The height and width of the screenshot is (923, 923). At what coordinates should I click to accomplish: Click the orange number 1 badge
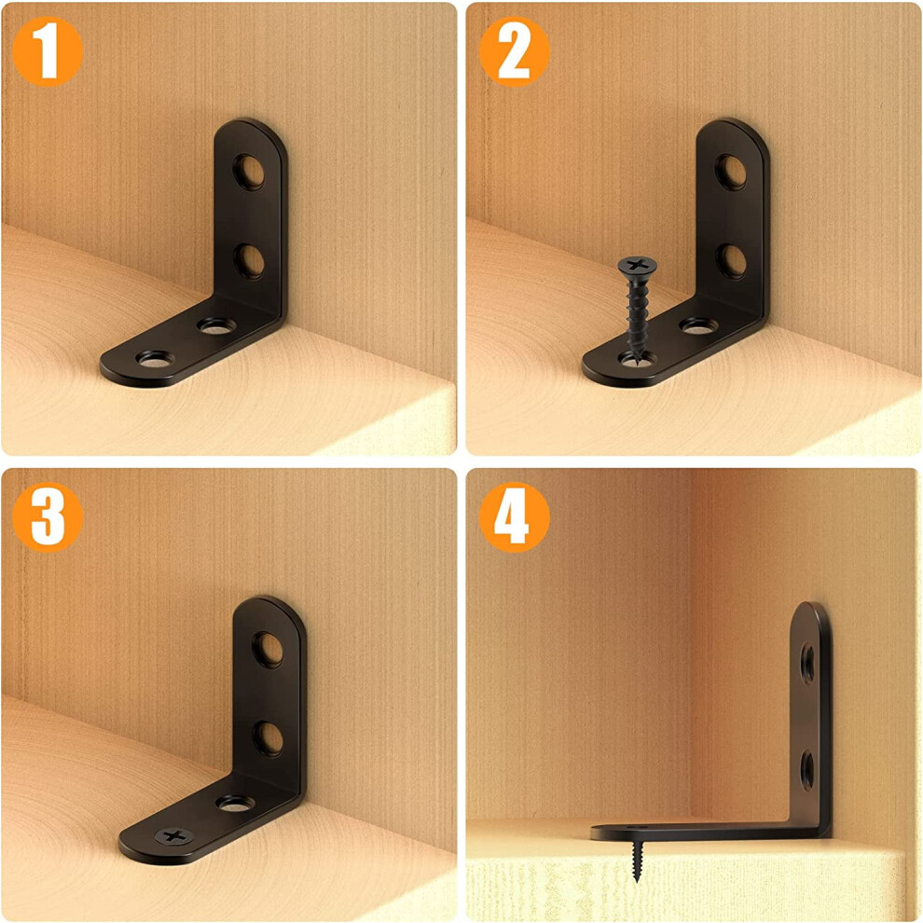(x=48, y=52)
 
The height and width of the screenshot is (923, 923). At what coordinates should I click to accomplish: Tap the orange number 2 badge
(x=514, y=52)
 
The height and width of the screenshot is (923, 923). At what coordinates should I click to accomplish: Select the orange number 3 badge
(x=48, y=517)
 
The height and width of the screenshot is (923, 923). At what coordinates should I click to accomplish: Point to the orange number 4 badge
(x=514, y=517)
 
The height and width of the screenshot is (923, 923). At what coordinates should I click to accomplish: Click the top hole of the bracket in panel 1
(x=249, y=172)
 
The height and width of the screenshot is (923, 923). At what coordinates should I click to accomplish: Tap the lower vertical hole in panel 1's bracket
(x=250, y=261)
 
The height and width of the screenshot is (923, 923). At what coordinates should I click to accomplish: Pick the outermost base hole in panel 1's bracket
(x=156, y=358)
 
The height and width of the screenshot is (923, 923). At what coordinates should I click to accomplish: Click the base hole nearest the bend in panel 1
(x=216, y=325)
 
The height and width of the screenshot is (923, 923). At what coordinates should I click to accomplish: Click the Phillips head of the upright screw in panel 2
(x=637, y=265)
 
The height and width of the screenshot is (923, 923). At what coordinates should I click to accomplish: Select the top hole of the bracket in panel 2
(x=731, y=172)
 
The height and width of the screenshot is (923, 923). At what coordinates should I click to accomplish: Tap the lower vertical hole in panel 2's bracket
(x=732, y=261)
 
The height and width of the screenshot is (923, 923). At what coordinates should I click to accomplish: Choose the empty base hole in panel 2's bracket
(x=698, y=325)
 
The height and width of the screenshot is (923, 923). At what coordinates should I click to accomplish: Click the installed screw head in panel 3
(x=174, y=836)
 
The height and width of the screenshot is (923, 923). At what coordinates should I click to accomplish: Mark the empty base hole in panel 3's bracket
(x=236, y=803)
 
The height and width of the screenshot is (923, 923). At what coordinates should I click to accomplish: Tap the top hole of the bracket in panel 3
(x=268, y=650)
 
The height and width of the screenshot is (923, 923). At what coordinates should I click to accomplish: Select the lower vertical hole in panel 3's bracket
(x=269, y=739)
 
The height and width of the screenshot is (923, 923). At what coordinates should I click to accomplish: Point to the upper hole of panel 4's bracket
(x=807, y=664)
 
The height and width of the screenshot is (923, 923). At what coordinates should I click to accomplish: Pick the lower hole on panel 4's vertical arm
(x=807, y=769)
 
